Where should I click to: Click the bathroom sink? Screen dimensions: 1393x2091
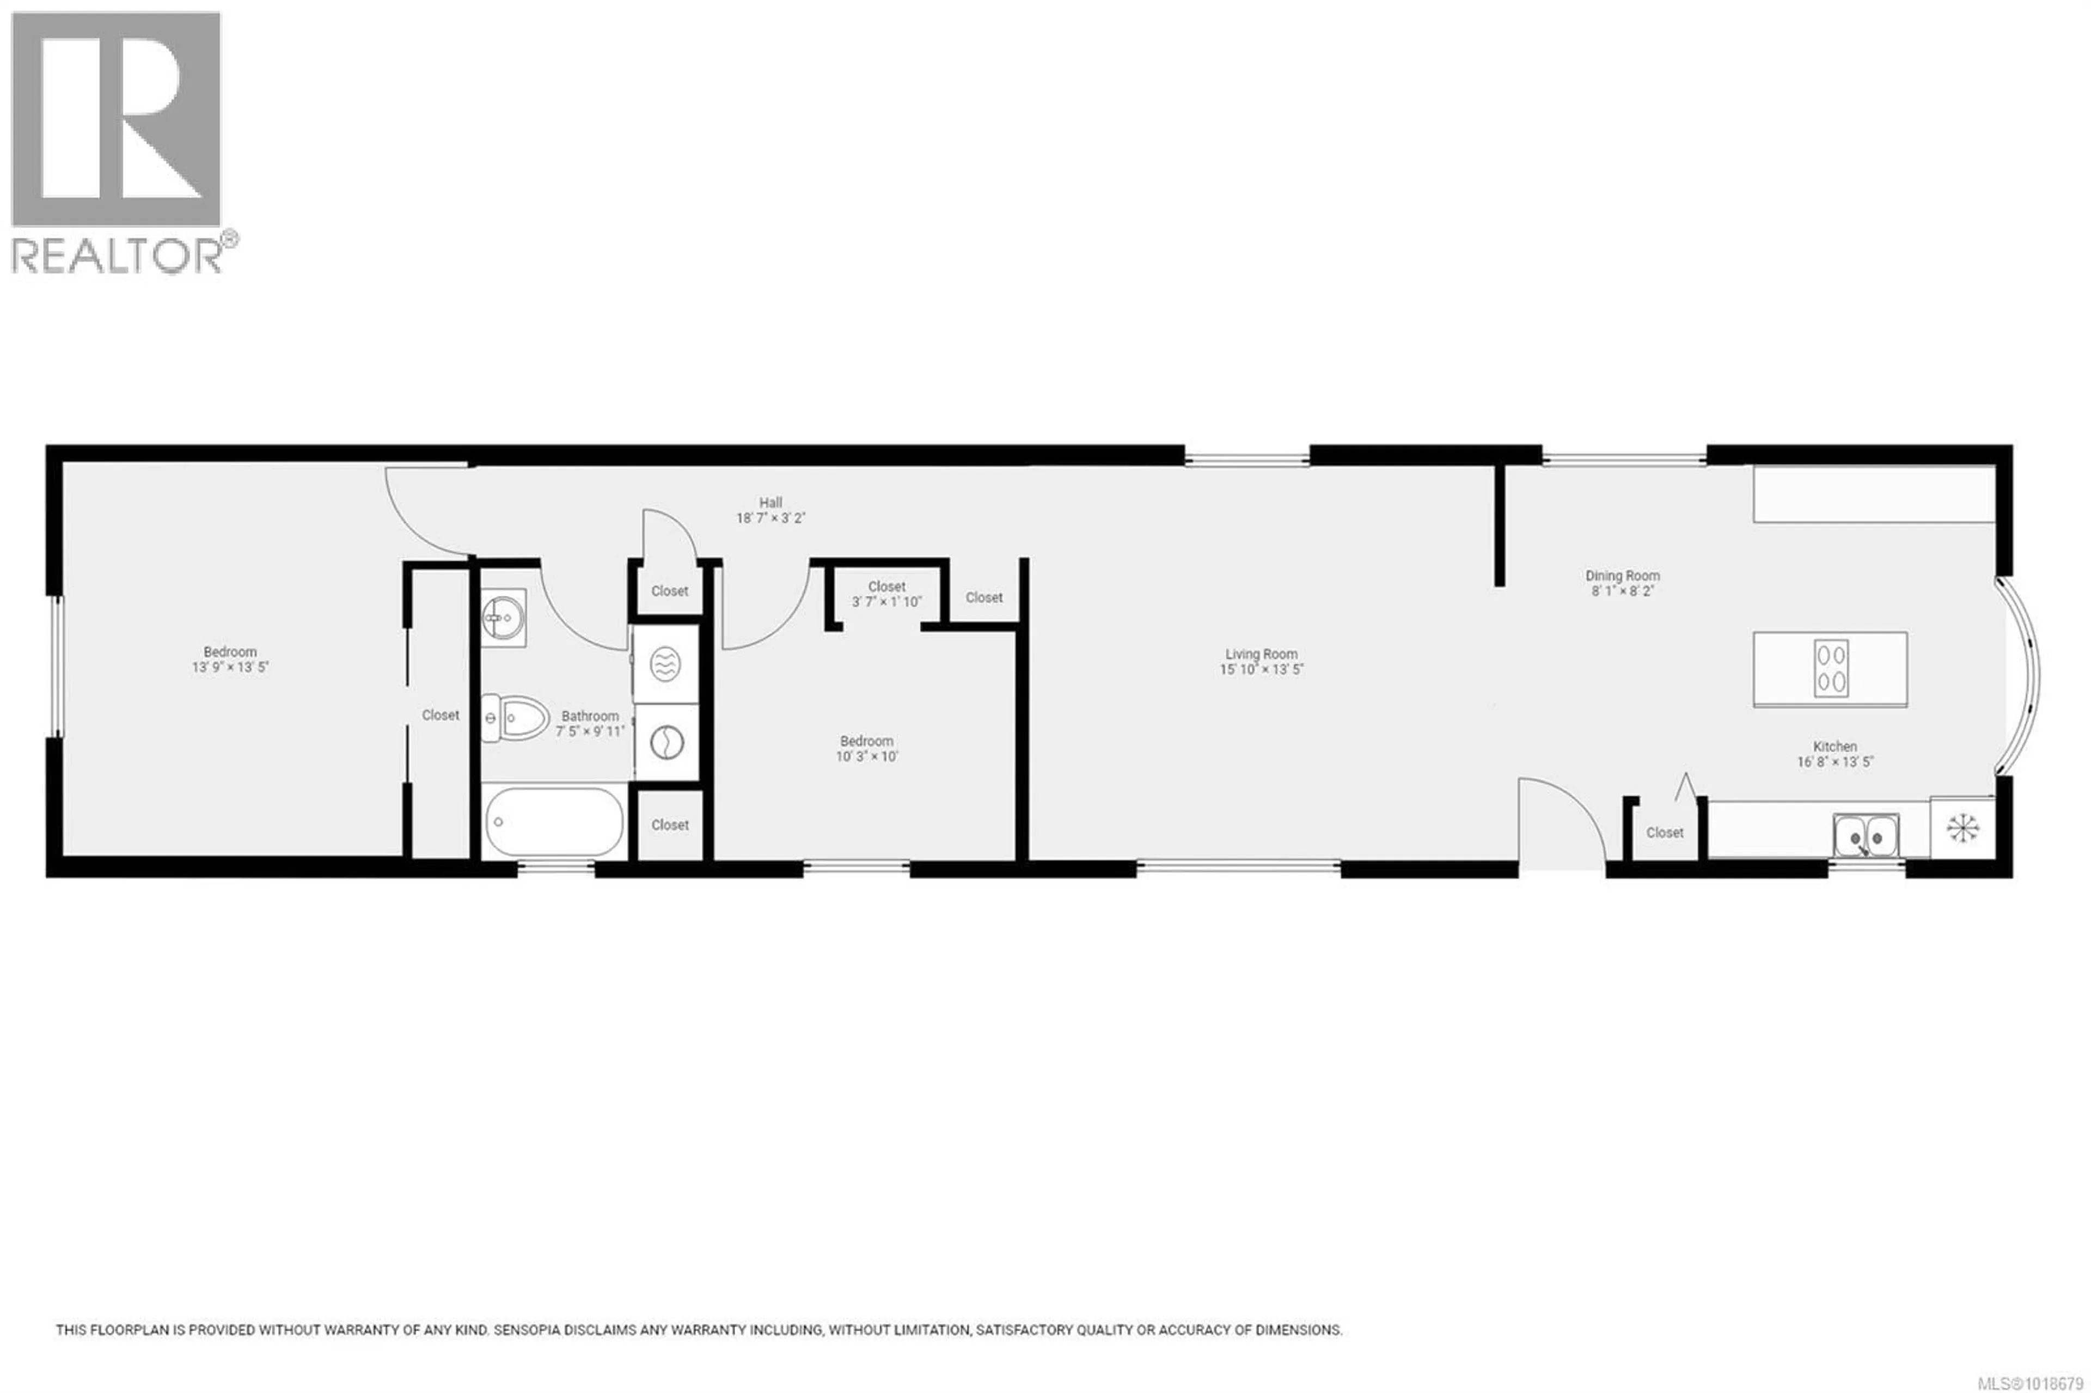503,616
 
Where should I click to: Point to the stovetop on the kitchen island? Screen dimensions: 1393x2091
1831,668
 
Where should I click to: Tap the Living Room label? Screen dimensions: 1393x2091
1261,655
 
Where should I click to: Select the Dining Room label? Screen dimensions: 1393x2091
1622,576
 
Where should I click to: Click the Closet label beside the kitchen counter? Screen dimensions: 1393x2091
1664,833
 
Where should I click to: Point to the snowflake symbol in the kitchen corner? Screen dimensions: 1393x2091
1962,827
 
